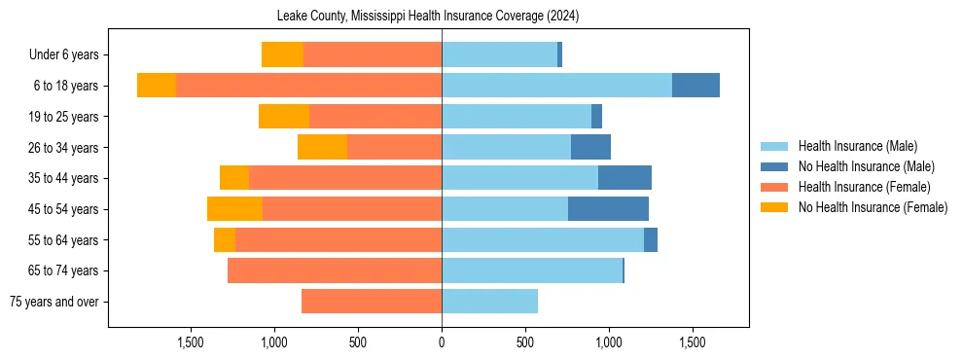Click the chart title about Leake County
pyautogui.click(x=442, y=17)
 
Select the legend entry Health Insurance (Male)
pyautogui.click(x=857, y=147)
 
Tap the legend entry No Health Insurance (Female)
pyautogui.click(x=873, y=207)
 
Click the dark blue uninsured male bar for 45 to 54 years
pyautogui.click(x=608, y=209)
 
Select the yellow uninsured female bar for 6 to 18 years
pyautogui.click(x=156, y=86)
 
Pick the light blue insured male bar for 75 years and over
pyautogui.click(x=489, y=302)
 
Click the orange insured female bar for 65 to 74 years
pyautogui.click(x=335, y=270)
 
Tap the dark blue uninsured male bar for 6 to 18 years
pyautogui.click(x=695, y=86)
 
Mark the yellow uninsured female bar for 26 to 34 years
pyautogui.click(x=322, y=147)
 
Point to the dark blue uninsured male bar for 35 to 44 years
pyautogui.click(x=624, y=178)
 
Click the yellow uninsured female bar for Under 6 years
pyautogui.click(x=282, y=55)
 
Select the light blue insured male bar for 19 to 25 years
pyautogui.click(x=517, y=117)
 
